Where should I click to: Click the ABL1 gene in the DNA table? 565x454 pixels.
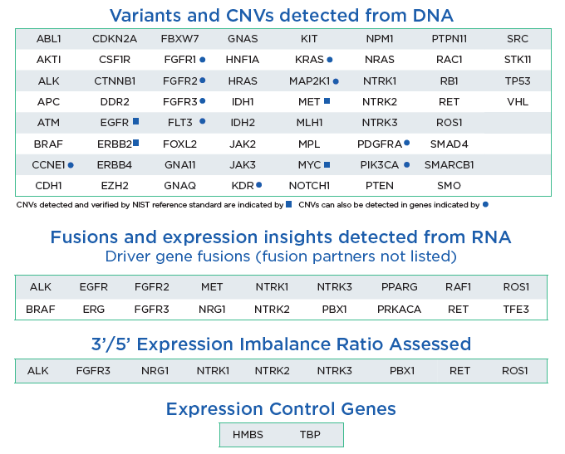click(49, 38)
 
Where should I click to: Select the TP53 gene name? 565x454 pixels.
click(518, 81)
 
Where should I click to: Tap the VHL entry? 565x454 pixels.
click(518, 102)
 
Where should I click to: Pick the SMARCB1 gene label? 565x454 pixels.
click(449, 165)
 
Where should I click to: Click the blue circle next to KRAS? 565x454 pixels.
click(330, 60)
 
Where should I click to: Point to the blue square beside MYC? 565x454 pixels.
click(327, 164)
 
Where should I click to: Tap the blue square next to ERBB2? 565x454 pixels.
click(135, 143)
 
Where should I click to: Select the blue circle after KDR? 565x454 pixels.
click(258, 185)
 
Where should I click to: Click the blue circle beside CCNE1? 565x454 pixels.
click(71, 165)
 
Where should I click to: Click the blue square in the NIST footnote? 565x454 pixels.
click(288, 204)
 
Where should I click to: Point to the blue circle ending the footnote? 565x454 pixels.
click(485, 204)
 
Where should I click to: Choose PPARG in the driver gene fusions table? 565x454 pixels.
click(400, 287)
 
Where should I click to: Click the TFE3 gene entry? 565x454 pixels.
click(516, 310)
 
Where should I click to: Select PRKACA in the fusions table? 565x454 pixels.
click(400, 310)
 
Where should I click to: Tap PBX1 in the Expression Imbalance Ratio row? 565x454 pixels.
click(402, 371)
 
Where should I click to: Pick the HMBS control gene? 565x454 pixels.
click(248, 435)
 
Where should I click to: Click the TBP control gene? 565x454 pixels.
click(310, 435)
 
